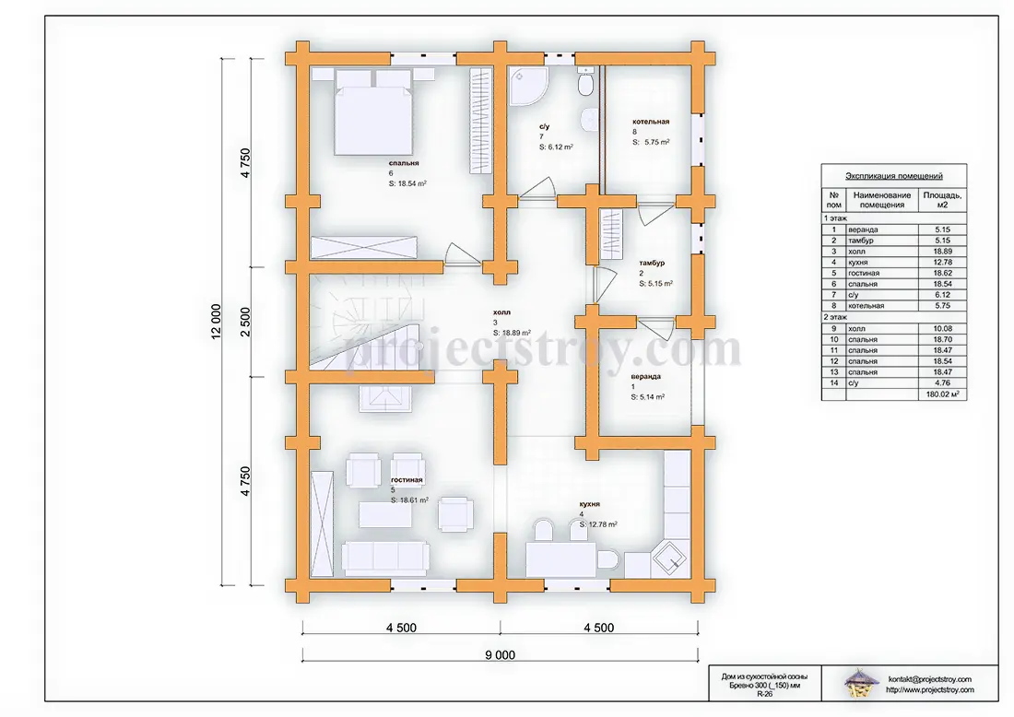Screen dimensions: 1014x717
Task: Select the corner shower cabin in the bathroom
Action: click(x=528, y=86)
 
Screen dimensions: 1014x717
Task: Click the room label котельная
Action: click(x=651, y=122)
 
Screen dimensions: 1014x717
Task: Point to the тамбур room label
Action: click(x=652, y=264)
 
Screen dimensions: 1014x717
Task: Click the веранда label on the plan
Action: click(x=646, y=376)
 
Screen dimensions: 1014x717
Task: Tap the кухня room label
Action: click(x=590, y=503)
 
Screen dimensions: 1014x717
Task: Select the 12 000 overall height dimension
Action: click(x=216, y=322)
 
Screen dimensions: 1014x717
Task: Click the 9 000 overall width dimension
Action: click(x=500, y=655)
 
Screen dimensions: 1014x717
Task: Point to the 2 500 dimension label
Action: click(x=245, y=322)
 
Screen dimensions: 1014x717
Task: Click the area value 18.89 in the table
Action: click(x=942, y=252)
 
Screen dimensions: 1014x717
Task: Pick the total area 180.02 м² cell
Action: click(x=942, y=394)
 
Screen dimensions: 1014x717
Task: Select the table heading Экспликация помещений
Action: click(x=894, y=176)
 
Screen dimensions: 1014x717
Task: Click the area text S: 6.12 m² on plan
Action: click(x=556, y=147)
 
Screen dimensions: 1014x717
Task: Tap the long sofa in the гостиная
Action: click(x=385, y=558)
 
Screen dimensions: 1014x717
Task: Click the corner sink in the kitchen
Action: click(x=669, y=558)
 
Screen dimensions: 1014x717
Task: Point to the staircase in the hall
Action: click(x=366, y=327)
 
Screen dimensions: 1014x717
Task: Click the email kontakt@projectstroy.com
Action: click(x=929, y=679)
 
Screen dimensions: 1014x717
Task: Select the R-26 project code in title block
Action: click(x=764, y=693)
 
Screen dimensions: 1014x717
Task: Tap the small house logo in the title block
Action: click(x=859, y=684)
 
